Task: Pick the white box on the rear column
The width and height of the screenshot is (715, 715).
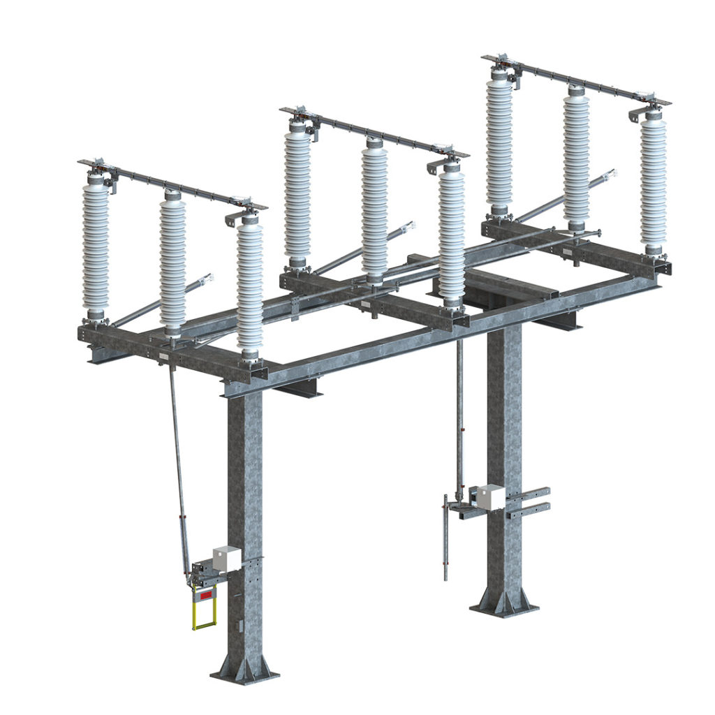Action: coord(490,496)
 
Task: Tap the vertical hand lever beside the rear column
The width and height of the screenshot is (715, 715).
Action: coord(445,538)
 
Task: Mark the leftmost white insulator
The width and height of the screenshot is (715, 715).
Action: coord(96,244)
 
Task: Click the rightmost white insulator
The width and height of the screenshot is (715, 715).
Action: coord(654,182)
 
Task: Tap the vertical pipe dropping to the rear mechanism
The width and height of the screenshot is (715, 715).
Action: coord(459,419)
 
